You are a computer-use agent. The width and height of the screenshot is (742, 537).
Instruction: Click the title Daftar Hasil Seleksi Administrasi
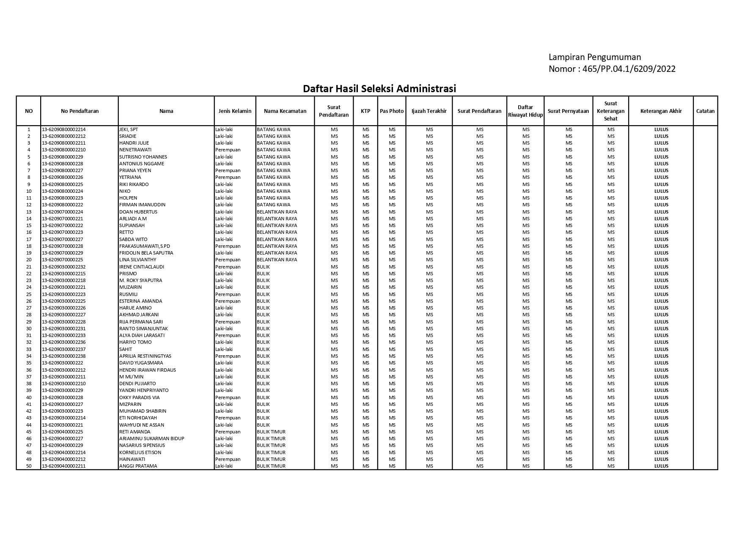coord(379,89)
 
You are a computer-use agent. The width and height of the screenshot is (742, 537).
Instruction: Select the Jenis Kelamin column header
coord(235,111)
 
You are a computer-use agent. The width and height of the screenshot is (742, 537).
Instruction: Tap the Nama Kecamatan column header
coord(285,111)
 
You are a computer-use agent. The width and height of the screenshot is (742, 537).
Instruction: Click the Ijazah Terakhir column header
coord(429,111)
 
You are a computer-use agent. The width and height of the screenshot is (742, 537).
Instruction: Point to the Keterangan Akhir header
coord(661,111)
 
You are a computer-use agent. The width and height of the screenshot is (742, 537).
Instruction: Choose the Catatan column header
coord(705,111)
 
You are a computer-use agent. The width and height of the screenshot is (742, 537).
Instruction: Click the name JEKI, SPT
coord(129,129)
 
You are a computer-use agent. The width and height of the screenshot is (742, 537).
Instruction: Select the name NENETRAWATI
coord(135,150)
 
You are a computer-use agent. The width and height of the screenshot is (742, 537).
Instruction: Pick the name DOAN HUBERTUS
coord(138,212)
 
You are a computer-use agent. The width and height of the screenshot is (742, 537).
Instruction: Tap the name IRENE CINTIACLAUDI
coord(142,267)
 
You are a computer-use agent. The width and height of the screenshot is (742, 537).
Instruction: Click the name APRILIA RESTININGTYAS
coord(145,356)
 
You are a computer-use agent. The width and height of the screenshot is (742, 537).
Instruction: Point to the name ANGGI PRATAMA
coord(138,466)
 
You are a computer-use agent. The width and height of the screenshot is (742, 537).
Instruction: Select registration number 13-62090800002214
coord(64,129)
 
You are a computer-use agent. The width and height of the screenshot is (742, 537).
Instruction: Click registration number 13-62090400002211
coord(64,466)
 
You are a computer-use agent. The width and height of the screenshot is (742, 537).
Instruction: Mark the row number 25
coord(29,294)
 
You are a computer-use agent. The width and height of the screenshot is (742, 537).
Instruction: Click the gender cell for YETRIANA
coord(228,177)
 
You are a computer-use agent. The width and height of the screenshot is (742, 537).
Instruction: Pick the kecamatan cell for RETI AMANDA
coord(271,432)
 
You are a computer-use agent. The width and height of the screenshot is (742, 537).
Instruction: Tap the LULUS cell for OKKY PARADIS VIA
coord(661,397)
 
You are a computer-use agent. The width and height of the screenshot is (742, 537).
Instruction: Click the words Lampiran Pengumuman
coord(595,57)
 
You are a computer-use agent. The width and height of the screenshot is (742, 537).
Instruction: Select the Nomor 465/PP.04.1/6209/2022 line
coord(612,69)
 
